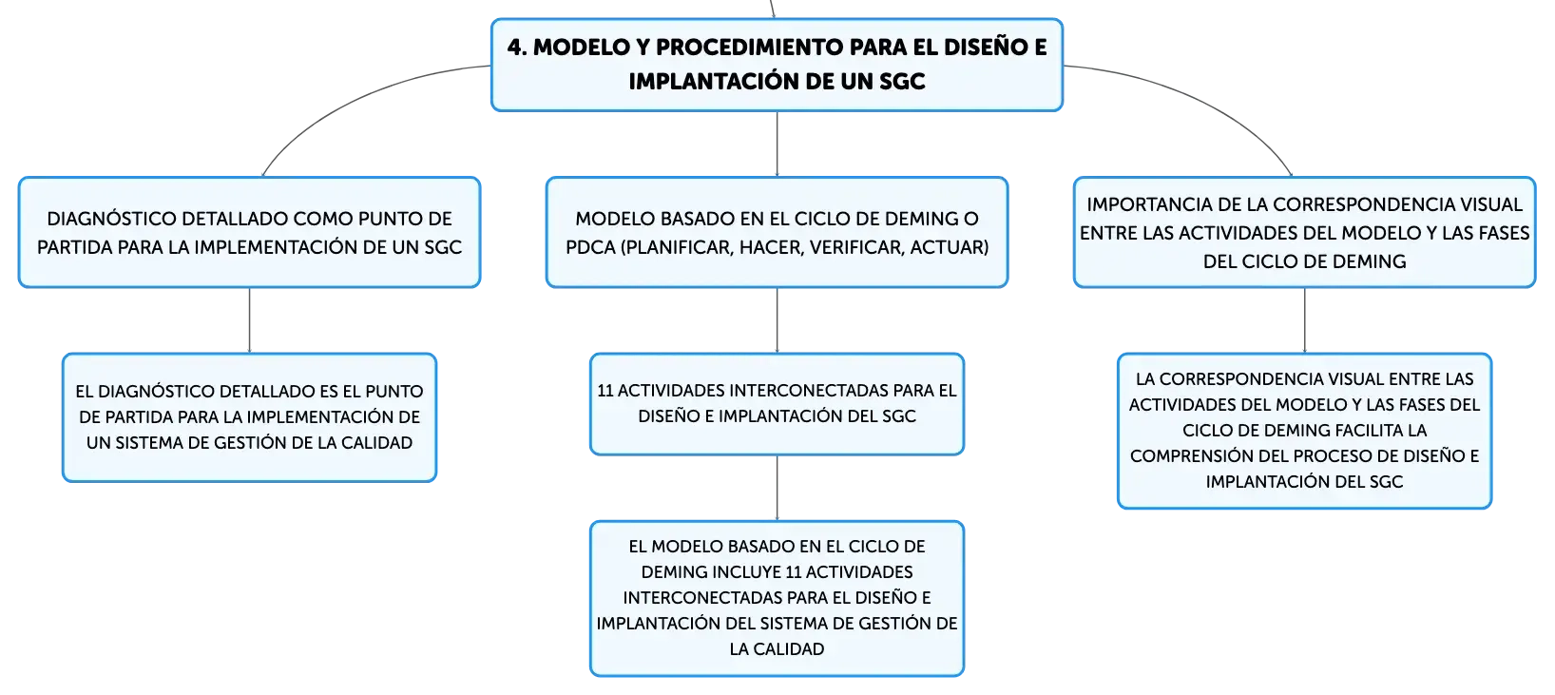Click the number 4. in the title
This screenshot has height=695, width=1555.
pyautogui.click(x=516, y=48)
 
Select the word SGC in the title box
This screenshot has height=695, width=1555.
pyautogui.click(x=902, y=81)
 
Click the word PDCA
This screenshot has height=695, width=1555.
pyautogui.click(x=590, y=247)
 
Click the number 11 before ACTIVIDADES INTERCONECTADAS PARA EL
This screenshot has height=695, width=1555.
pyautogui.click(x=605, y=391)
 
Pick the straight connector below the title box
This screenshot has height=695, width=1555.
pyautogui.click(x=777, y=144)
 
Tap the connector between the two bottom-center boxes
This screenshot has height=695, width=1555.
pyautogui.click(x=777, y=488)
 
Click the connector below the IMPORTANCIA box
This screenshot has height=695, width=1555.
pyautogui.click(x=1304, y=320)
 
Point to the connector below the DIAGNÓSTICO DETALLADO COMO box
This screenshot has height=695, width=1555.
pyautogui.click(x=249, y=320)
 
